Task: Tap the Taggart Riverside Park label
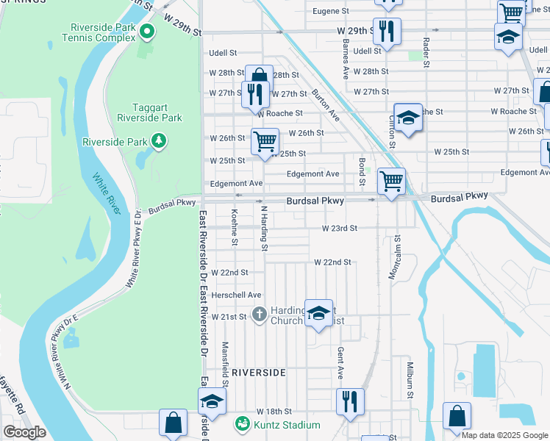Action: coord(149,112)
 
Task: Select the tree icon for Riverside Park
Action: coord(157,140)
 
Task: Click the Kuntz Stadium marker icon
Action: coord(241,425)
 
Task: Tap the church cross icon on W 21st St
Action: coord(259,315)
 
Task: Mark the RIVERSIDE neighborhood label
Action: coord(258,373)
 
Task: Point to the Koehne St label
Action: coord(234,226)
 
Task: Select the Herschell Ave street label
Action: coord(237,295)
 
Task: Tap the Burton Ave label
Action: coord(326,104)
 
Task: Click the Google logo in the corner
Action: coord(25,432)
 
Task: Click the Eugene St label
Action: coord(330,11)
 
